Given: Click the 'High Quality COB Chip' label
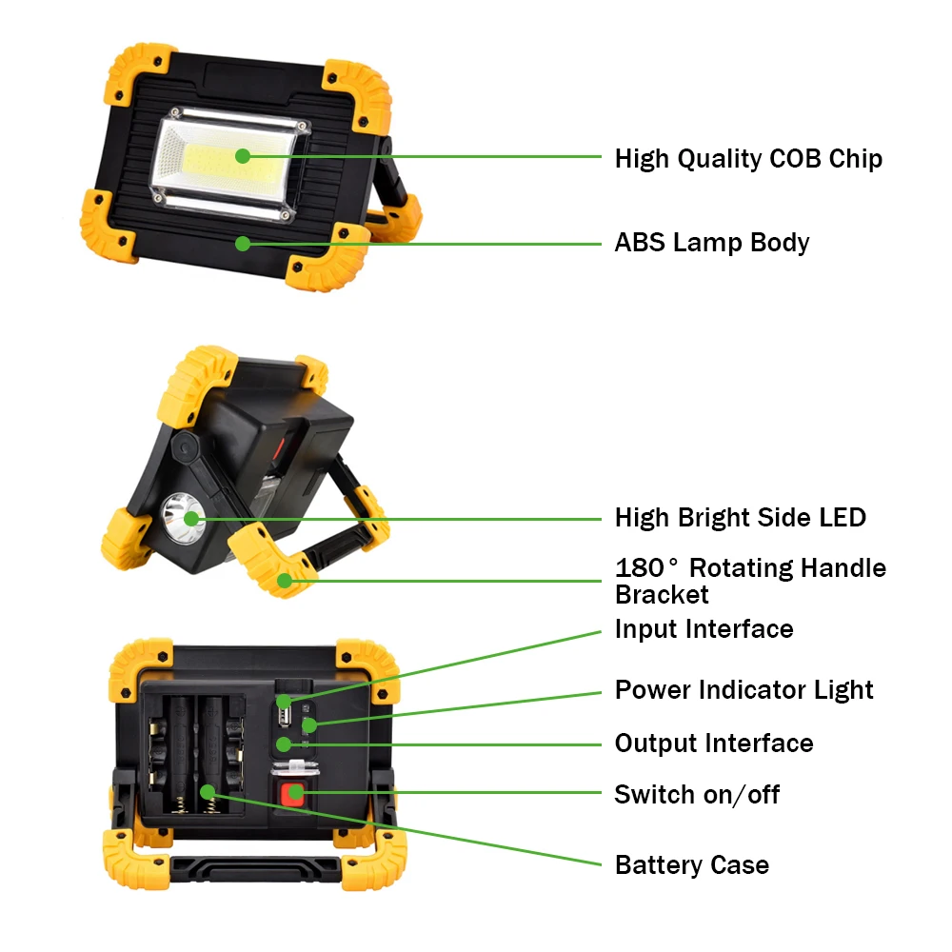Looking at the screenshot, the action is pos(748,159).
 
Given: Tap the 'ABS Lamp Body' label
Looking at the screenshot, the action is pos(711,242).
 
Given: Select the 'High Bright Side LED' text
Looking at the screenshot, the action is pos(740,518).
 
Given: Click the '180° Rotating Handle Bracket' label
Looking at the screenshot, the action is pos(750,581).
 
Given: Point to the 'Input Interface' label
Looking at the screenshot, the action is pos(704,629).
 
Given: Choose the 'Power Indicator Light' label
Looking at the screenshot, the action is pos(744,690).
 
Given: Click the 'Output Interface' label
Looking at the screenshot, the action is pos(713,744).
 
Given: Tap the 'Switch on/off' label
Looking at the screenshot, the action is pos(697,794).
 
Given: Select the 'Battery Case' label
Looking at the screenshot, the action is pos(691,865).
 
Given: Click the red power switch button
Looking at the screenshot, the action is pos(292,792).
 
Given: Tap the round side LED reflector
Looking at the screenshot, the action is pos(183,519).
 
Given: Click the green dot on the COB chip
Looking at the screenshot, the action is pos(243,156).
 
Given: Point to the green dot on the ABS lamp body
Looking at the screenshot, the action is pos(243,244).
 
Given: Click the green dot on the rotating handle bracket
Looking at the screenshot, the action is pos(284,581).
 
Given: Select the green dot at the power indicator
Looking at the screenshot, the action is pos(309,724).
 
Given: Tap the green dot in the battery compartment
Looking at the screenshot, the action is pos(208,792).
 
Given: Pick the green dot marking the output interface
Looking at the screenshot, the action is pos(284,744).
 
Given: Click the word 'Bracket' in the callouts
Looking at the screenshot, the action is pos(662,594).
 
